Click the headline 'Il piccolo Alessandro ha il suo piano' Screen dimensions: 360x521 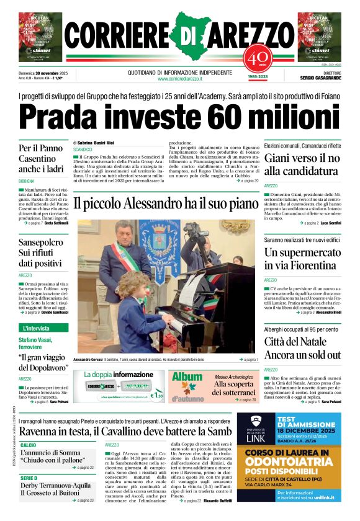pos(166,202)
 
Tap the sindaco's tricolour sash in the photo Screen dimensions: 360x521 pos(124,254)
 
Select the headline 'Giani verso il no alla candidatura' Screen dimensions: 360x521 pos(302,165)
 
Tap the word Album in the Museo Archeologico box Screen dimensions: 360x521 pos(187,378)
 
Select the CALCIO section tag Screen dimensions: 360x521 pos(29,445)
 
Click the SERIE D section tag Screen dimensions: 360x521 pos(29,478)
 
